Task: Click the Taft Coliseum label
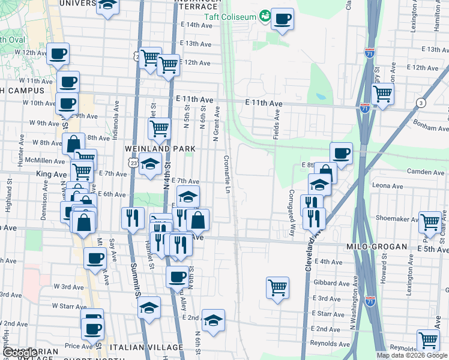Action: click(230, 16)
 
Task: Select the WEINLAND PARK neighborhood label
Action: click(160, 148)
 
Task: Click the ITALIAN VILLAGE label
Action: click(154, 347)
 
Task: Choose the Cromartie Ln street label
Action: click(227, 175)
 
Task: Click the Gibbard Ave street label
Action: click(331, 282)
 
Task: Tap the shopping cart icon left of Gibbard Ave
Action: click(277, 287)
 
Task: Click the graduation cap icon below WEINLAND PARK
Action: click(150, 164)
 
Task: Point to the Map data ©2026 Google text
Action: click(412, 355)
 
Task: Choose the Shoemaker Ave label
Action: click(396, 219)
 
